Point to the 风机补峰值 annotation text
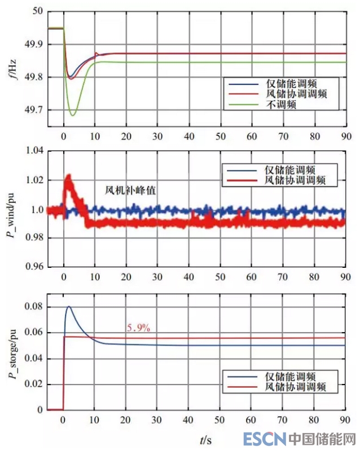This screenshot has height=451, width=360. [x=131, y=191]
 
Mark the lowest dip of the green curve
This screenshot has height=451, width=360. [x=72, y=115]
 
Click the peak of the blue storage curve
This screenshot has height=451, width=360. [x=69, y=307]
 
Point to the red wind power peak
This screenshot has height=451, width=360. [x=69, y=176]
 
